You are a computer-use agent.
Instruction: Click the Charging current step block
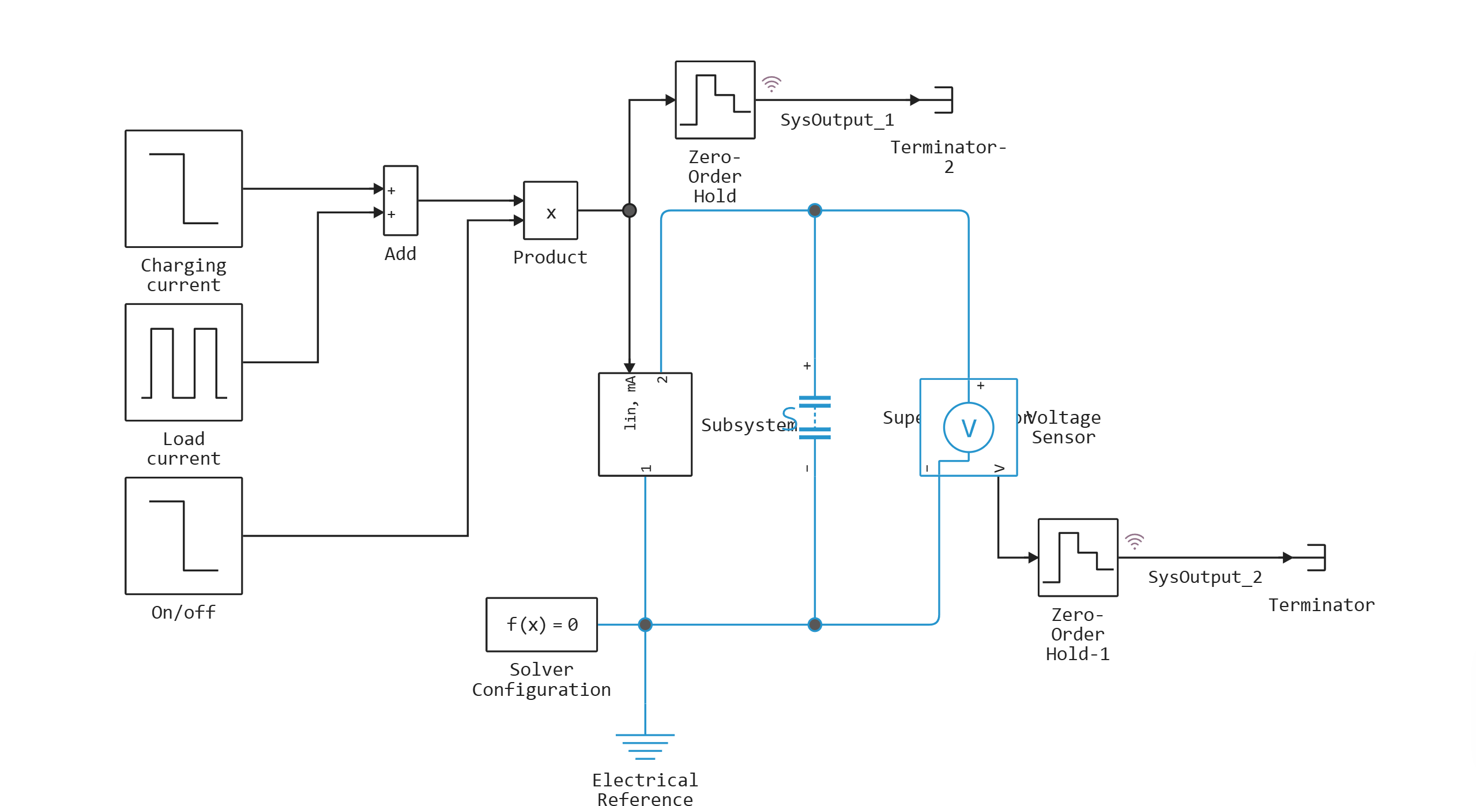tap(184, 189)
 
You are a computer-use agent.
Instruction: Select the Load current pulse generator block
tap(184, 363)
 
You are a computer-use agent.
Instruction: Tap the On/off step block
tap(184, 536)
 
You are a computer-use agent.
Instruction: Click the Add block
tap(401, 201)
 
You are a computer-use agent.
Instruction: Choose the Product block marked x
tap(550, 210)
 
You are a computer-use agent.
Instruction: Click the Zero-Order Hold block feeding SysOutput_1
tap(715, 100)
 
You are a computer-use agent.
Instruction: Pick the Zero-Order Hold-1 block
tap(1078, 558)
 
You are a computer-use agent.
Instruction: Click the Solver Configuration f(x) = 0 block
tap(542, 624)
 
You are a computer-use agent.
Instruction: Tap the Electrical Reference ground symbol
tap(645, 746)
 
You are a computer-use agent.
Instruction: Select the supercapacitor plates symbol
tap(815, 417)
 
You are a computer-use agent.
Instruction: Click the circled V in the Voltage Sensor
tap(969, 428)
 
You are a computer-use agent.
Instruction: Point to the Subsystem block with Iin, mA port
tap(645, 424)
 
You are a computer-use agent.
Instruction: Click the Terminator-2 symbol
tap(943, 100)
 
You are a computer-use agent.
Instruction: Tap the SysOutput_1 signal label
tap(837, 120)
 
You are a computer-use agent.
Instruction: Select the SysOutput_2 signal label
tap(1204, 577)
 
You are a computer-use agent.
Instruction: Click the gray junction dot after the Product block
tap(630, 210)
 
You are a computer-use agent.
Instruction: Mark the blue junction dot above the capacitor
tap(815, 210)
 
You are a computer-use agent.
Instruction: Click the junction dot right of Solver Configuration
tap(645, 624)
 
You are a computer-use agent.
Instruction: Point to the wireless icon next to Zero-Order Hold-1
tap(1134, 541)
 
